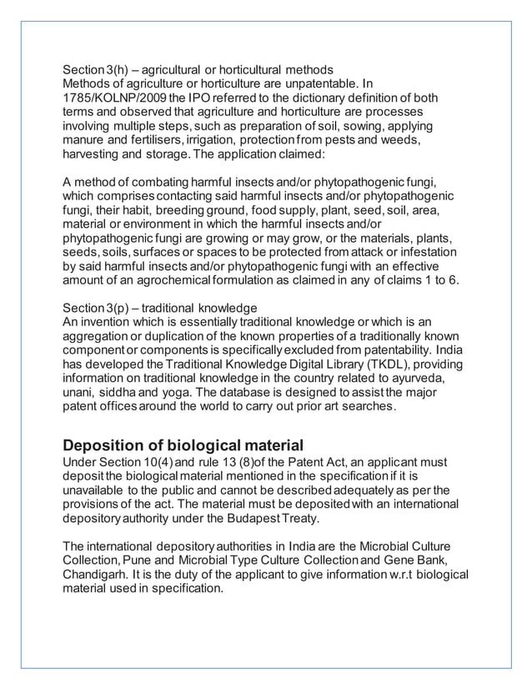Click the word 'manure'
(85, 139)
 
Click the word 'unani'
(82, 395)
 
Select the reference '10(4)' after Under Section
(154, 461)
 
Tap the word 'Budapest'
(267, 518)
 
